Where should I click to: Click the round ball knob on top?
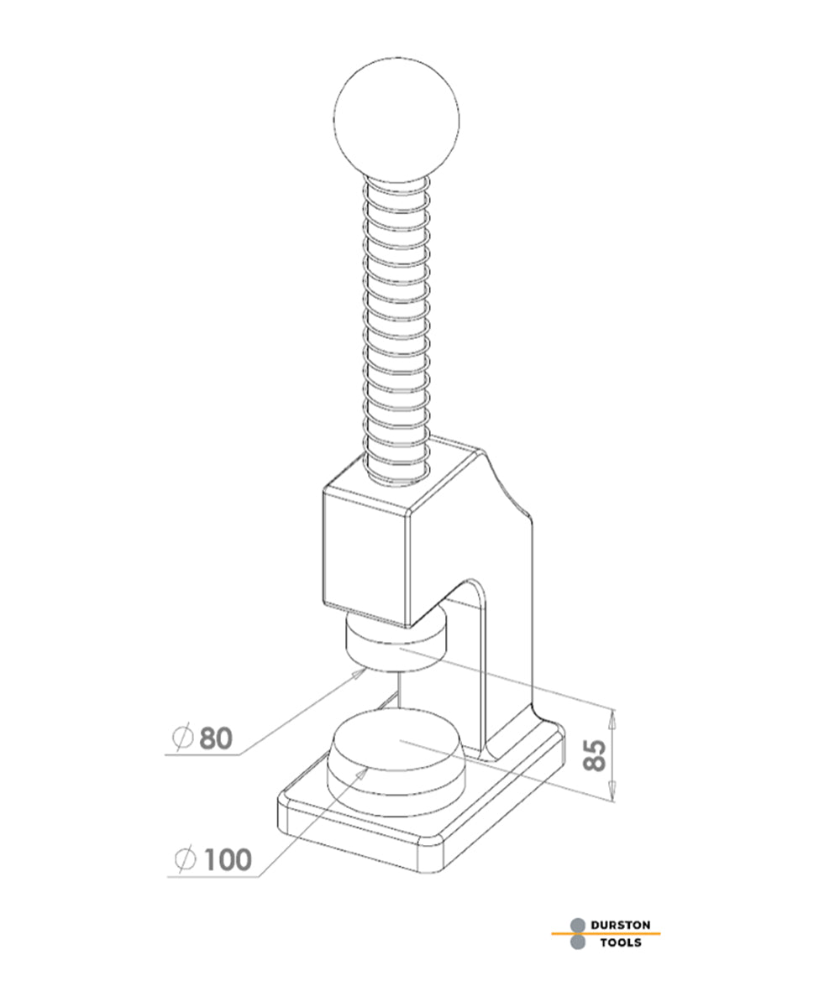[396, 119]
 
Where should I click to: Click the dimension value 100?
[225, 859]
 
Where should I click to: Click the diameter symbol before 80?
[182, 738]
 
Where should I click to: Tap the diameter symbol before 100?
[185, 859]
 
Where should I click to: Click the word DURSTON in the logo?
[620, 924]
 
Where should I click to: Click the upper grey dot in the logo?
[578, 925]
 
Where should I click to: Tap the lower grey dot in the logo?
[578, 942]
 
